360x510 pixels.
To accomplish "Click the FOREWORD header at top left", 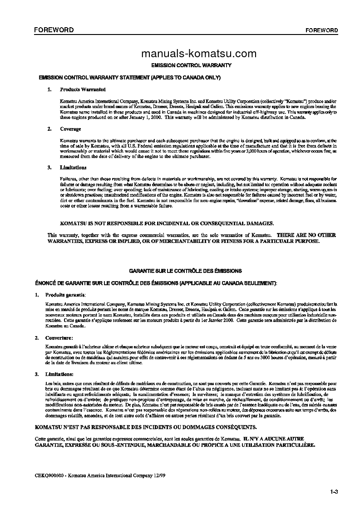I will click(50, 30).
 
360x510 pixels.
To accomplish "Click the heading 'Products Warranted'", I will click(83, 90).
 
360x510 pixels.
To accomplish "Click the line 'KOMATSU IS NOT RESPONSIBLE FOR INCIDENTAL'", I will click(167, 223).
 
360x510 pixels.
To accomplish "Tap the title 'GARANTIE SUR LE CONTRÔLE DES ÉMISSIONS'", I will click(185, 271).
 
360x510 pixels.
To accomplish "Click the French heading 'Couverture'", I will click(59, 338).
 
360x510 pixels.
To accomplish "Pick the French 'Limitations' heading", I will click(59, 374).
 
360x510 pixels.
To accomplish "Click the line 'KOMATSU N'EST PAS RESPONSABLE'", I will click(146, 427).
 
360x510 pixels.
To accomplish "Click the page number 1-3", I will click(335, 492).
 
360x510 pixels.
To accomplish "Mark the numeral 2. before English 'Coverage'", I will click(49, 129).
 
